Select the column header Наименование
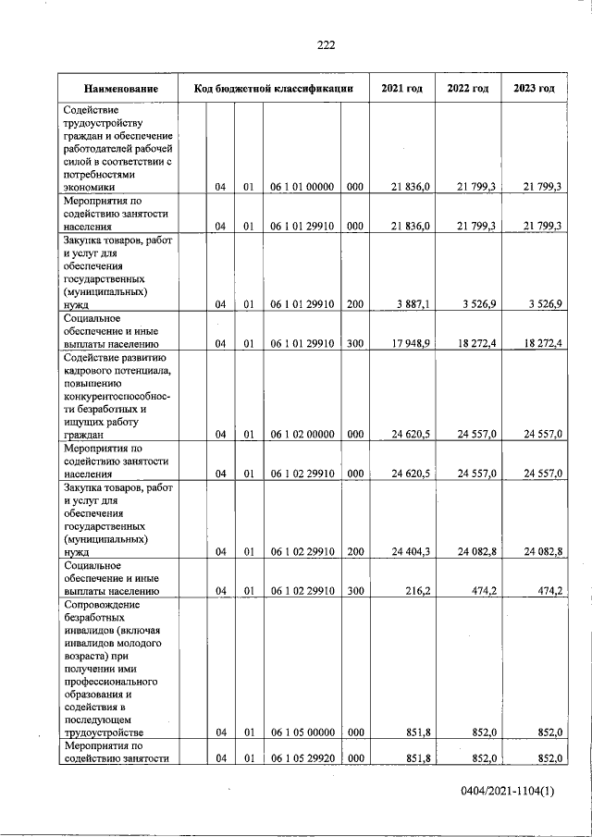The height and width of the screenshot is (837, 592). coord(119,89)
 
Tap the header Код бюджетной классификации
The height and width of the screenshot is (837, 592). coord(274,89)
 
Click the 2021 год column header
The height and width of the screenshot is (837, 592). coord(402,89)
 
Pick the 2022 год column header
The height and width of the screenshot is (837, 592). coord(467,89)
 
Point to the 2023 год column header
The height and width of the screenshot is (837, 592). coord(533,89)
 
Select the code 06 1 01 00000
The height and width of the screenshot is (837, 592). coord(302,187)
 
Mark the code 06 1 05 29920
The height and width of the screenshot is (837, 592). coord(302,759)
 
